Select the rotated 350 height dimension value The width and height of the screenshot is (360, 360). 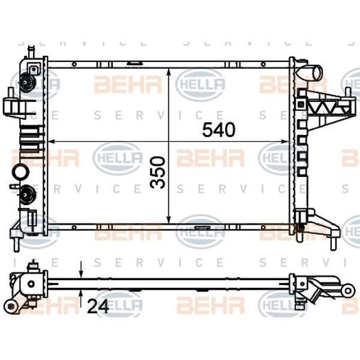(x=158, y=173)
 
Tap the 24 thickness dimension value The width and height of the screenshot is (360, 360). (x=97, y=307)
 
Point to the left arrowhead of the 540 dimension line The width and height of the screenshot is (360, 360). (x=52, y=142)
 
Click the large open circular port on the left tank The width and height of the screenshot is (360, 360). (x=19, y=172)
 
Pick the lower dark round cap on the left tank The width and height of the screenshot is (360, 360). (x=26, y=193)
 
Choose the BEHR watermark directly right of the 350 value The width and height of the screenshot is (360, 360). (x=210, y=158)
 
